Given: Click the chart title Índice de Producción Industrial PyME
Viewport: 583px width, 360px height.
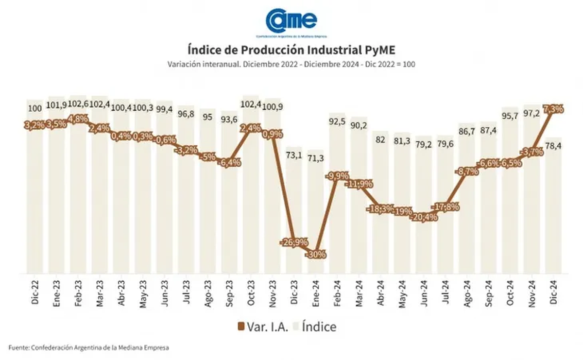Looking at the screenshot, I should (x=291, y=51).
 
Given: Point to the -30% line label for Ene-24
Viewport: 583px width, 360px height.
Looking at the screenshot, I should (x=315, y=255).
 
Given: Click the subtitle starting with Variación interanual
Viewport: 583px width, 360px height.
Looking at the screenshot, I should (x=291, y=64).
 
